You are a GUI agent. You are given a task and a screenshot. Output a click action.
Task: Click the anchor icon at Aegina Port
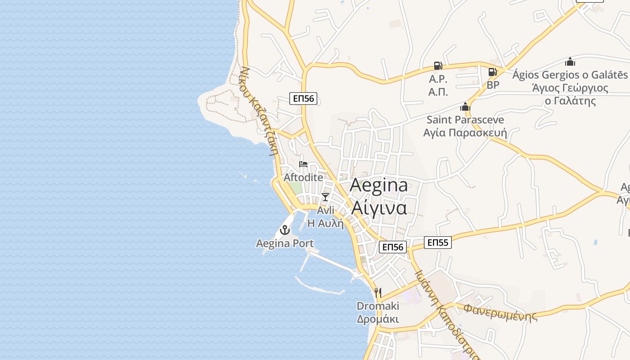point(284,230)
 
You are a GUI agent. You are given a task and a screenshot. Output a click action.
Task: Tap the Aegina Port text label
point(285,243)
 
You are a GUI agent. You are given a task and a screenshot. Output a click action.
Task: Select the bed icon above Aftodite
point(303,164)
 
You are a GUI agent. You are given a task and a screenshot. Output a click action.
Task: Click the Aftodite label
point(303,177)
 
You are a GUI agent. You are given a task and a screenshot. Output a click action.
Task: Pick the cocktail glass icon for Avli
point(325,197)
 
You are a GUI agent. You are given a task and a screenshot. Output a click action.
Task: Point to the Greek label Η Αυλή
point(325,223)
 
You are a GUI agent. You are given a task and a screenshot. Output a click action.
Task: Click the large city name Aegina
point(378,185)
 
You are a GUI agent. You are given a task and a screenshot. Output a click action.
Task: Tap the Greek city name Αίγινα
point(378,207)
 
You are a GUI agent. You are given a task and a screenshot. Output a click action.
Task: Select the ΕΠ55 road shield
point(438,243)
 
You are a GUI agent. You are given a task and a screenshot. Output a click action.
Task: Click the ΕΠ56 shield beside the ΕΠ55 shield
point(393,247)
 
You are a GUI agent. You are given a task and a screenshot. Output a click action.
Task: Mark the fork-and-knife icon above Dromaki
point(378,293)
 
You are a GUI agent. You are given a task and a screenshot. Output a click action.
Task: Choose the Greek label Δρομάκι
point(378,319)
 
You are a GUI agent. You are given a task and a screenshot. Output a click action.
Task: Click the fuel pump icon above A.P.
point(438,66)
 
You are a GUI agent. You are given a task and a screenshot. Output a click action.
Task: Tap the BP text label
point(493,85)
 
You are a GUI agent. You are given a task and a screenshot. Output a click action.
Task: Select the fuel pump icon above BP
point(493,72)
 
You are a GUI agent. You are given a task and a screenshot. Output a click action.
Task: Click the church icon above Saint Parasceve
point(465,107)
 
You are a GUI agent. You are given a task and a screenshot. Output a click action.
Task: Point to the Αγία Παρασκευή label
point(465,133)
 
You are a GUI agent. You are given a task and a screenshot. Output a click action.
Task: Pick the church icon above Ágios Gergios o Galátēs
point(570,62)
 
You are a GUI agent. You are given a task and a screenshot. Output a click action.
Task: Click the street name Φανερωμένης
point(500,312)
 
